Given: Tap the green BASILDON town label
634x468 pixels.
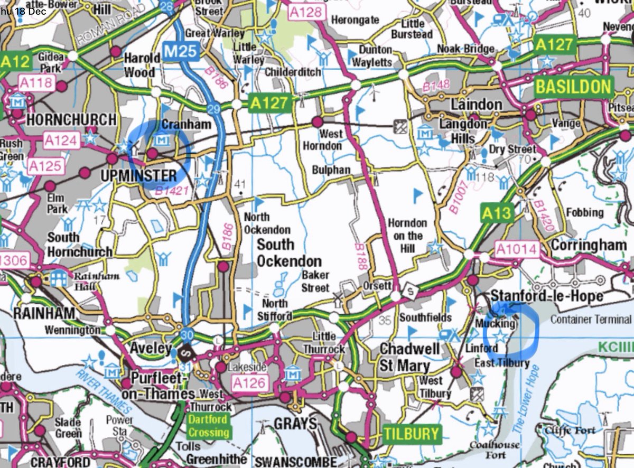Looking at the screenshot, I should tap(573, 86).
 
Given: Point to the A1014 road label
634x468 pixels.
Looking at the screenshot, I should tap(516, 249).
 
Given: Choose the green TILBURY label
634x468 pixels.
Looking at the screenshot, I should tap(411, 434).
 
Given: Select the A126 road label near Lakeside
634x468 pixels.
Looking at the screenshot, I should tap(250, 383).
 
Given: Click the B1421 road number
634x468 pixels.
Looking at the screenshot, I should tap(172, 191).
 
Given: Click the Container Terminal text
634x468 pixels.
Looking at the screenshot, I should tap(591, 319).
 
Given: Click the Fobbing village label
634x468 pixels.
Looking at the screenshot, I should tap(584, 212).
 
